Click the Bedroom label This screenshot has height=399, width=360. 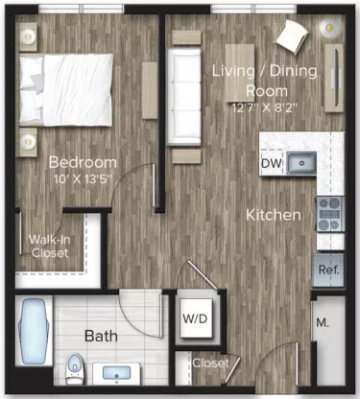click(x=83, y=162)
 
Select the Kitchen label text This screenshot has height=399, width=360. click(x=273, y=215)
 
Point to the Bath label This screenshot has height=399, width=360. click(x=101, y=337)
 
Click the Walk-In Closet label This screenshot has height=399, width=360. click(x=47, y=246)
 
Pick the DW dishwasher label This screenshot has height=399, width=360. click(x=271, y=164)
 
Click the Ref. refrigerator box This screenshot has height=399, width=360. click(x=327, y=270)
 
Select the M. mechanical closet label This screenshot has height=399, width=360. click(x=322, y=323)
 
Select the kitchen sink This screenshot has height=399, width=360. click(x=302, y=161)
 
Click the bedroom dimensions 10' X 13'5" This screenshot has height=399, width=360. click(x=84, y=177)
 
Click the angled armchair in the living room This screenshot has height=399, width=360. click(x=291, y=35)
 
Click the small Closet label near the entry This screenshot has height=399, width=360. click(x=210, y=364)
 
